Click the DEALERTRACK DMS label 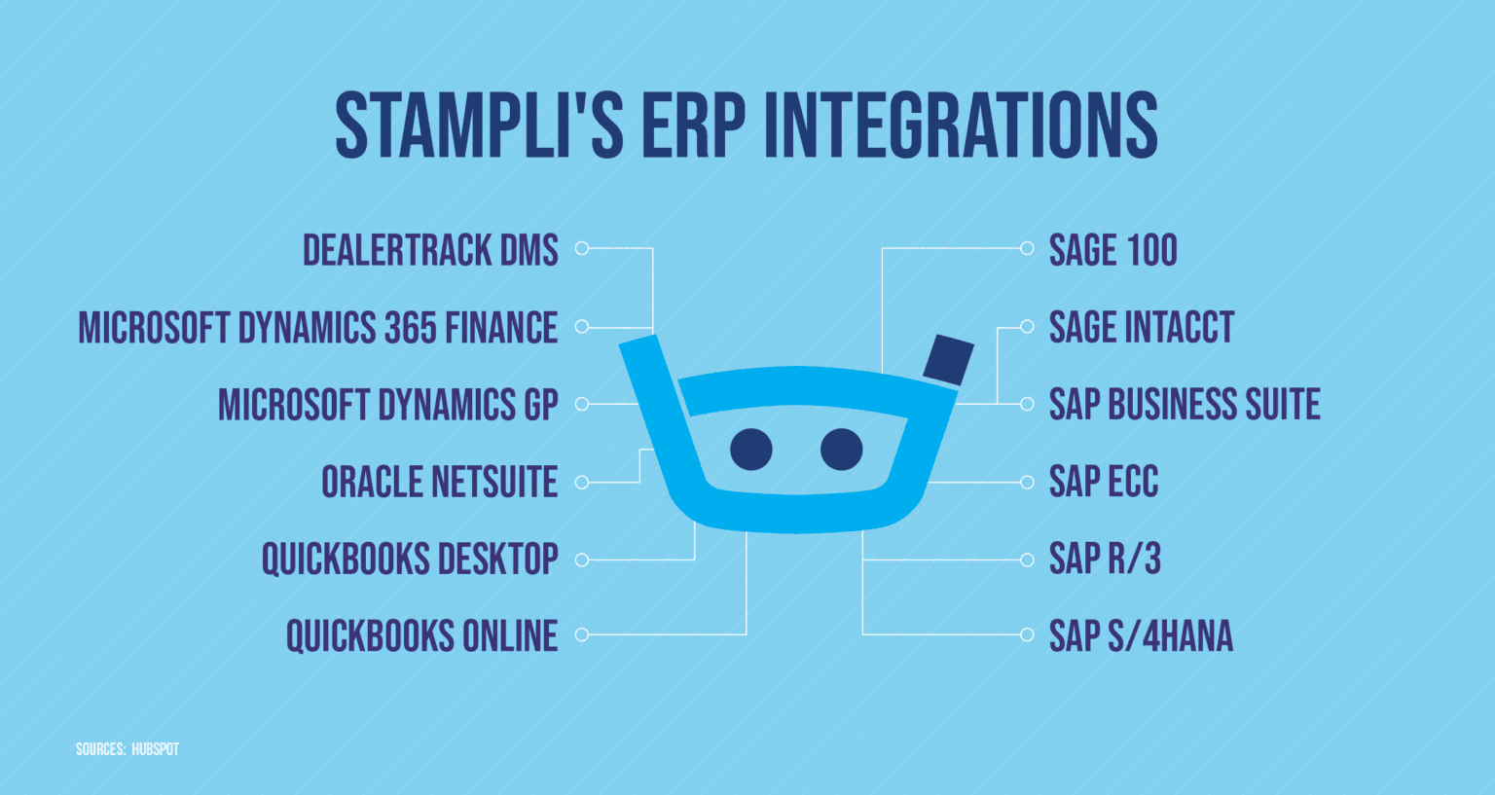pos(430,250)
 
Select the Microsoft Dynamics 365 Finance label pos(318,328)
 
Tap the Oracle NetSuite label pos(439,482)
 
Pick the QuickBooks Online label pos(421,635)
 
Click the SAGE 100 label pos(1112,250)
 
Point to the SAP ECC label pos(1103,482)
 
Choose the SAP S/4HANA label pos(1140,635)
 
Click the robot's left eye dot pos(750,450)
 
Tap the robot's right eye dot pos(841,450)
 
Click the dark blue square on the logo pos(948,360)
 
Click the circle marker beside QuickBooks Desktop pos(582,560)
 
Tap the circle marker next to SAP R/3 pos(1026,560)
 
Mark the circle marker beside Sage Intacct pos(1026,327)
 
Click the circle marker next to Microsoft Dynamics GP pos(582,404)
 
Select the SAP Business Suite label pos(1184,404)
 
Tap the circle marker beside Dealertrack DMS pos(582,248)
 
